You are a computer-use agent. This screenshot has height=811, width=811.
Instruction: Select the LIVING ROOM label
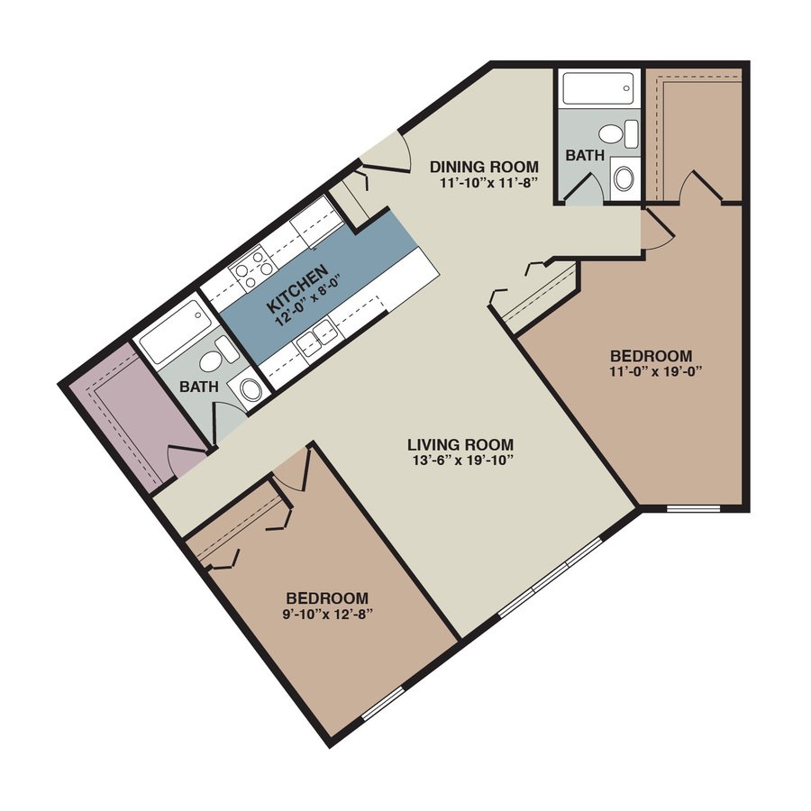tap(460, 444)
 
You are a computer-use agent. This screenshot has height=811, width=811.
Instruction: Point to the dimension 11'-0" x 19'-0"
tap(652, 370)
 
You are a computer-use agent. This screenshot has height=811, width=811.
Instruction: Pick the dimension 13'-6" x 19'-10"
tap(460, 460)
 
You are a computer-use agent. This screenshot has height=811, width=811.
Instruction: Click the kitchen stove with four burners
tap(253, 268)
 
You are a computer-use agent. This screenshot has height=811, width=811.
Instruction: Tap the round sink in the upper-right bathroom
tap(624, 177)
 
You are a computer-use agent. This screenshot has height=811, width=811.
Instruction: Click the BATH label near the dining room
tap(586, 155)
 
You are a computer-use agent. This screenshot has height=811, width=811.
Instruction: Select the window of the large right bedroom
tap(692, 509)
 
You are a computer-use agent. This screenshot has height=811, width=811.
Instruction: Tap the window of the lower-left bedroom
tap(382, 706)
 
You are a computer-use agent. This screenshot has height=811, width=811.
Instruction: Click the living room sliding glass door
tap(550, 578)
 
